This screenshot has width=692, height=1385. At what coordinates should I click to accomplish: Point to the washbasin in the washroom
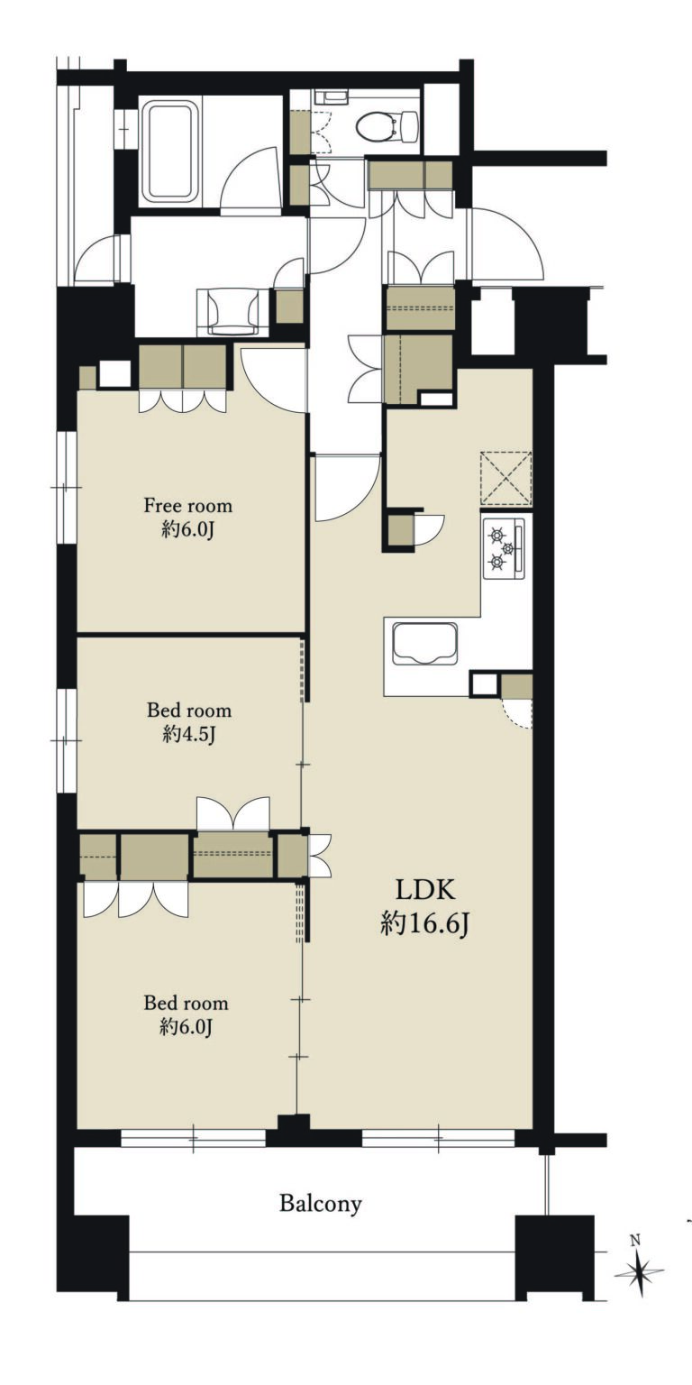tap(232, 310)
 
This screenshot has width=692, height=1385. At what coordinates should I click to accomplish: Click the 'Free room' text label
tap(187, 506)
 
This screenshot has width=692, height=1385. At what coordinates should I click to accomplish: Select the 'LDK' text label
tap(425, 891)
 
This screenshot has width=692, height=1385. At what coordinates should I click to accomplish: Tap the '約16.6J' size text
tap(425, 923)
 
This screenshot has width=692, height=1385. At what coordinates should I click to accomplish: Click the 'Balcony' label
tap(320, 1203)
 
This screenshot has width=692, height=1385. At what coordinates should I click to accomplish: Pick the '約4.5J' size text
tap(188, 734)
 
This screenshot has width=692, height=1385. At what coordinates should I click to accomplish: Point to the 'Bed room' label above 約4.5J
tap(189, 710)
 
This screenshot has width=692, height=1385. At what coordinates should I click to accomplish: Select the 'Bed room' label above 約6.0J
tap(187, 1003)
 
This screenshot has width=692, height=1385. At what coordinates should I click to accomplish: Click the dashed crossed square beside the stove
tap(505, 478)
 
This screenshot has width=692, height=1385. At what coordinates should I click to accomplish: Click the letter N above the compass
tap(635, 1241)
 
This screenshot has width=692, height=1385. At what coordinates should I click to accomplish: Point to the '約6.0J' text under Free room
tap(187, 530)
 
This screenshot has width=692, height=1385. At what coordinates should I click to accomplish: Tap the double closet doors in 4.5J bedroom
tap(233, 813)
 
